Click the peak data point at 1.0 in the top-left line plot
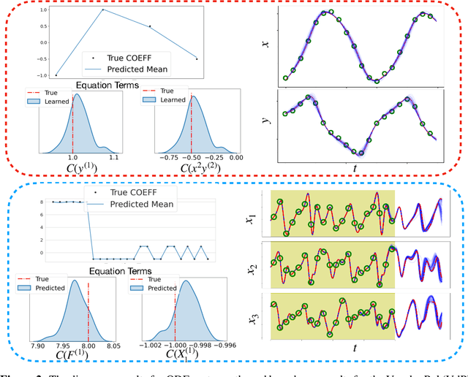tap(102, 9)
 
